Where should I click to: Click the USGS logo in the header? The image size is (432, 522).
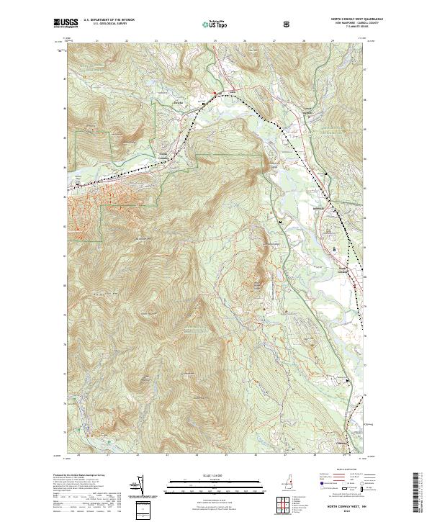(66, 23)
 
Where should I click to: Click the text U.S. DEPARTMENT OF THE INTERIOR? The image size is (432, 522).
(109, 20)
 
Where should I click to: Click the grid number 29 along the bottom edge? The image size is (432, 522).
(344, 454)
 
